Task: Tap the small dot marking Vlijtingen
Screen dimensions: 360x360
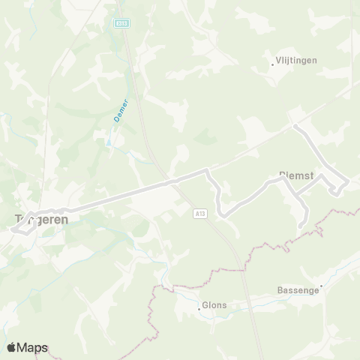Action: [272, 64]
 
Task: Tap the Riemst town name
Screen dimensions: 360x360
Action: [295, 175]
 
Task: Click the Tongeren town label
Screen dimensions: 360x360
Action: [42, 220]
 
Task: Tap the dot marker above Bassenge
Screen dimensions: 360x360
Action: [322, 285]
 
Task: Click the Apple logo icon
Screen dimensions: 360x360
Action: [12, 347]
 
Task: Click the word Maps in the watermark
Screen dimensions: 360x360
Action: [33, 347]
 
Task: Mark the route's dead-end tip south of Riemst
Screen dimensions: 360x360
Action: [301, 225]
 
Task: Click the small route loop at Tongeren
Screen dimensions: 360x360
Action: [22, 228]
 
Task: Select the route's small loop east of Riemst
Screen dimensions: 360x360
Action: [338, 187]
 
